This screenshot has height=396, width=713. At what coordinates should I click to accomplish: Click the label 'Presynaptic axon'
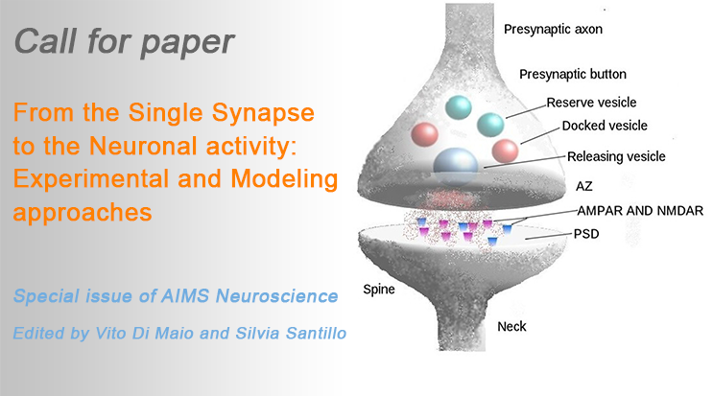point(553,30)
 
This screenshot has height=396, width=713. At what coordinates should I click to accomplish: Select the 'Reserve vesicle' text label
point(591,103)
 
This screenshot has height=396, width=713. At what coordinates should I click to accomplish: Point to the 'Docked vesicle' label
point(605,126)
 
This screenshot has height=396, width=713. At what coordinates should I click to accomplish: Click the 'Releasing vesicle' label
point(616,156)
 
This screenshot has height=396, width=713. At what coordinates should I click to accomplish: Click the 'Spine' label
point(379,288)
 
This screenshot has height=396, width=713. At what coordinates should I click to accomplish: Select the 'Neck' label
point(512,327)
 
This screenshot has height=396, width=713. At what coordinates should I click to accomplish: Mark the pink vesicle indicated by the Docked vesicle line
point(506,151)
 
